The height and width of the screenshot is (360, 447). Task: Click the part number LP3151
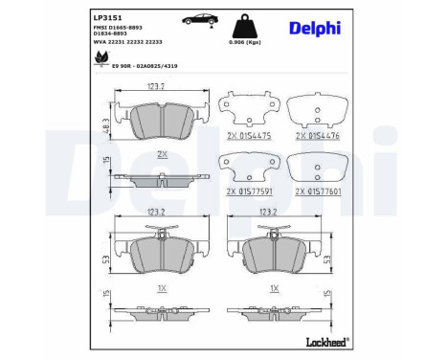point(106,16)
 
